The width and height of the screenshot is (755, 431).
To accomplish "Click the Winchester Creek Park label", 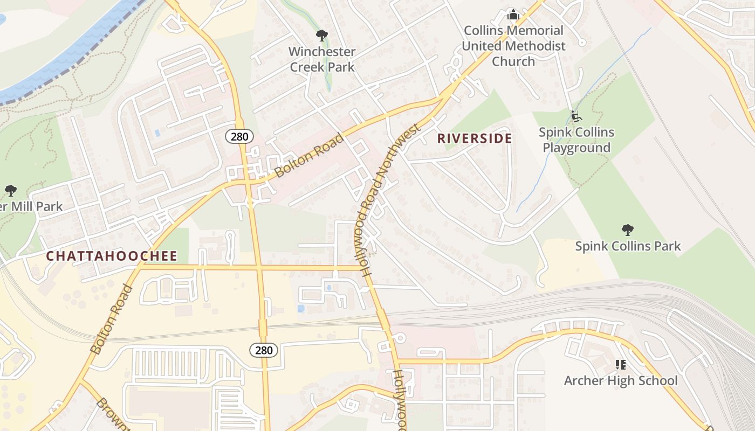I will coord(322,59).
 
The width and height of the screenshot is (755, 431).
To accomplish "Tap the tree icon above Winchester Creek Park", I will coord(322,36).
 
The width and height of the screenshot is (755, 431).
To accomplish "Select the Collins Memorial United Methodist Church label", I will coord(513,46).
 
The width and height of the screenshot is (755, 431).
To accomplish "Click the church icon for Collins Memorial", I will coord(513,14).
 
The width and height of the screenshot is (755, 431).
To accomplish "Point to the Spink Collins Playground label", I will coord(576,140).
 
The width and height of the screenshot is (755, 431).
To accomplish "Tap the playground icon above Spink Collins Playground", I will coord(576,116).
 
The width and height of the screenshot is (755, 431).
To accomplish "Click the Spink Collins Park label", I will coord(628,246).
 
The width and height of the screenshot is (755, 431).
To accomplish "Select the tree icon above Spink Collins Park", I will coord(627,230).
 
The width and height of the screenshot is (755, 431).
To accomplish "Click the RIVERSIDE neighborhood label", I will coord(475,138).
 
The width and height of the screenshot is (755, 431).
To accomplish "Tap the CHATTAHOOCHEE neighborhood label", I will coord(112,256).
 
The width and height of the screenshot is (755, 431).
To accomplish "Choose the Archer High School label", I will coord(621,380).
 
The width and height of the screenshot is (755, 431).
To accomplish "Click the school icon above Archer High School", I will coord(621,365).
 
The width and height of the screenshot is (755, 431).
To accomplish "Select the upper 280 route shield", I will coord(239,136).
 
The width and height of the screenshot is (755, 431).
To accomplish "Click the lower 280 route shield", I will coord(264,350).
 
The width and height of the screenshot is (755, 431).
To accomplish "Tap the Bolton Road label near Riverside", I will coord(309,155).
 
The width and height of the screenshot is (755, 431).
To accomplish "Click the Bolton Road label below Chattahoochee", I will coord(111,319).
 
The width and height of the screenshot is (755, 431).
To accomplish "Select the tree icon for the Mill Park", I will coord(10,190).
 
